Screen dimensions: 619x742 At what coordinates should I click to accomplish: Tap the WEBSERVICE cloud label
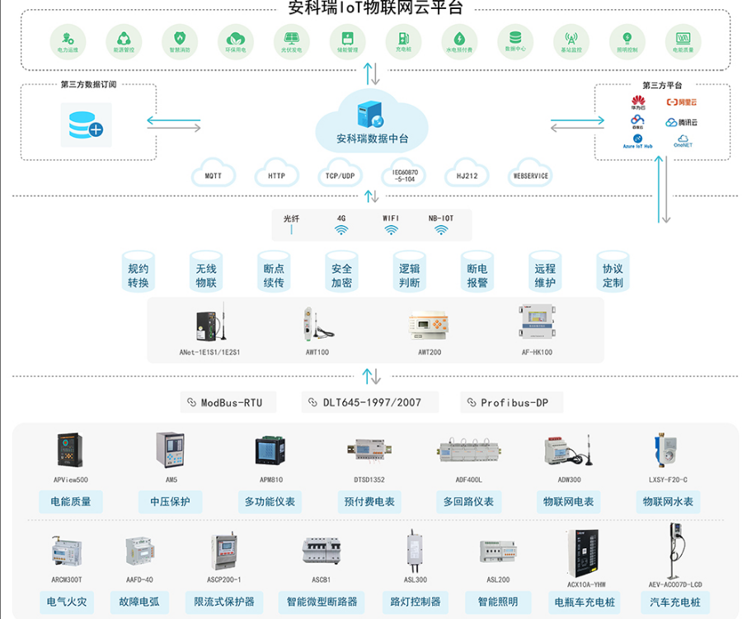pos(531,176)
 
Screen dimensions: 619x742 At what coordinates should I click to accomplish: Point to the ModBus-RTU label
pos(228,402)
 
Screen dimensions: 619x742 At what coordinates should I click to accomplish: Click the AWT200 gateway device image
pos(430,324)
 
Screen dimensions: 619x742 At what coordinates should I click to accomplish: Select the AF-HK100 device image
pos(537,322)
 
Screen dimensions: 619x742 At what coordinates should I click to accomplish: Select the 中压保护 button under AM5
pos(171,501)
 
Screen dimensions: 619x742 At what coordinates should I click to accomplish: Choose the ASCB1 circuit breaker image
pos(322,551)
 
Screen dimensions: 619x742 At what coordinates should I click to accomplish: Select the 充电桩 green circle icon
pos(403,38)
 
